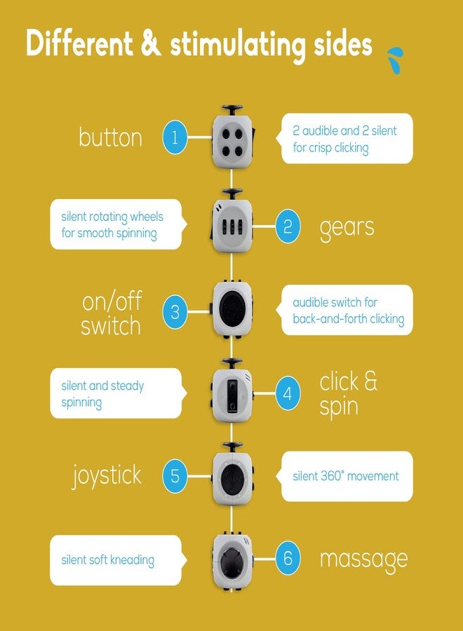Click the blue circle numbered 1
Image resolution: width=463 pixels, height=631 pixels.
coord(175,137)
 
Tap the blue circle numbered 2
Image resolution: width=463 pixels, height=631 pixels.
coord(288,226)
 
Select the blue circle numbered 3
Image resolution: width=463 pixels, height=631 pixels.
coord(175,312)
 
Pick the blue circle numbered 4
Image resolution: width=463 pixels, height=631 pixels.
coord(288,393)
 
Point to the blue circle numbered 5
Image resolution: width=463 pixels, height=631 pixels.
coord(175,476)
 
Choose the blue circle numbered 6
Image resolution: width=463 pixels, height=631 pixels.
coord(288,558)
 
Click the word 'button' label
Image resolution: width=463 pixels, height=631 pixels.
coord(111,137)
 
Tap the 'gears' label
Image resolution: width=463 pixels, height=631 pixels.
coord(347,228)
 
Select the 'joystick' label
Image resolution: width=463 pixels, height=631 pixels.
coord(107,476)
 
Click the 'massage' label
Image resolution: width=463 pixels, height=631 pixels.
coord(364,560)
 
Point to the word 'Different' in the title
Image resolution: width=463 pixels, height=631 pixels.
coord(79,43)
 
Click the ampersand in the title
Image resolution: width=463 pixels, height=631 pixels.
coord(151,43)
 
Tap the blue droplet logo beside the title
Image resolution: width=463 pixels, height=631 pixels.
coord(395,60)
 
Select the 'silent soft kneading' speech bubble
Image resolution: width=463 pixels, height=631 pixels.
coord(118,560)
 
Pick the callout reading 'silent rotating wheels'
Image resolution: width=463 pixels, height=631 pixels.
coord(118,224)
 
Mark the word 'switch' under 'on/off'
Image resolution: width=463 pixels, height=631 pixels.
coord(111,326)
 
